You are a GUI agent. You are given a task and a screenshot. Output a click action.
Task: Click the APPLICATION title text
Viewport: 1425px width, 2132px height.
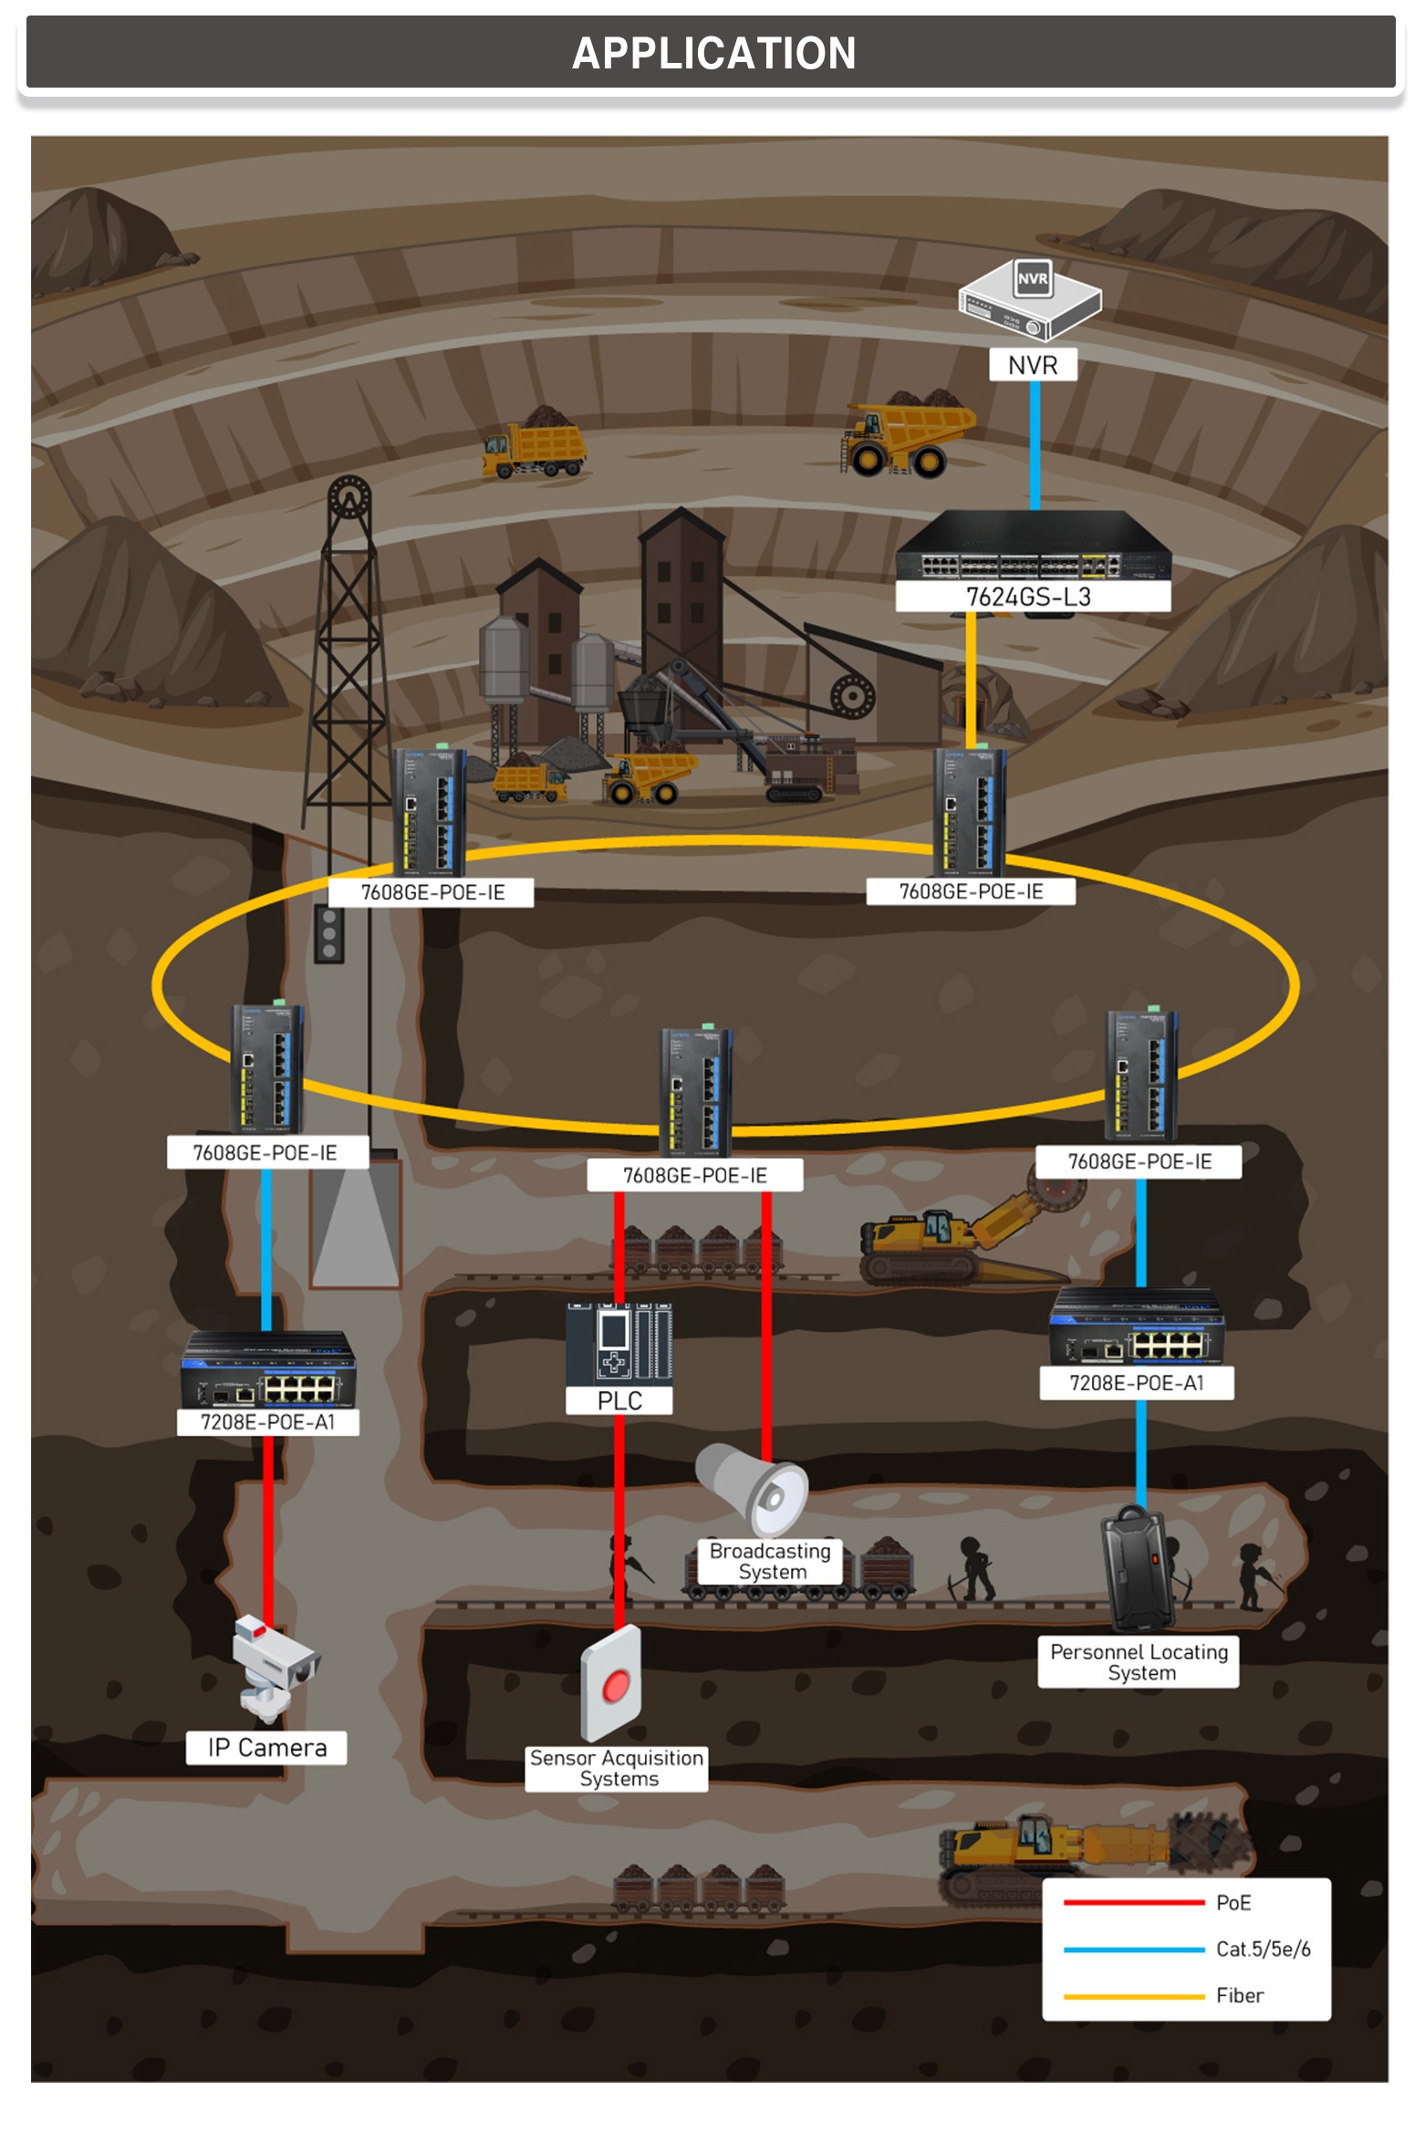pos(713,53)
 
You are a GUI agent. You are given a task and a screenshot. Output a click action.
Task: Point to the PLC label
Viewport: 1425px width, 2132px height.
pos(619,1400)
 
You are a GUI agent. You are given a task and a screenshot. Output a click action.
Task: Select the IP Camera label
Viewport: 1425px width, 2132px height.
pos(266,1747)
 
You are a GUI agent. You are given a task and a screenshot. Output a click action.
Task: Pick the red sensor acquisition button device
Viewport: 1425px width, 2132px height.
pos(612,1683)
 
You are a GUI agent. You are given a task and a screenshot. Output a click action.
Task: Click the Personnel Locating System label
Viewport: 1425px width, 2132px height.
pos(1139,1661)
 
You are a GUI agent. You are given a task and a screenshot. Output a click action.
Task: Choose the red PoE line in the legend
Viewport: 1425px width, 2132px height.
pos(1133,1902)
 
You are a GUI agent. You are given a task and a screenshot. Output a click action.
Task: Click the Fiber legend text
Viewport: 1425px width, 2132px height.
pos(1239,1995)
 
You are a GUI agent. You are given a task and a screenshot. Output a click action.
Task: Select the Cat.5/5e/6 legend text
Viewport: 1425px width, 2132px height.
pos(1263,1949)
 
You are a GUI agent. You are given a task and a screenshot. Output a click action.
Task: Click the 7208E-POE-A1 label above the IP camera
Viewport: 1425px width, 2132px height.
pos(267,1422)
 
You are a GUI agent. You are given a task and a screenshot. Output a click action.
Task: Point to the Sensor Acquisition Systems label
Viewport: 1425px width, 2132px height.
pos(618,1768)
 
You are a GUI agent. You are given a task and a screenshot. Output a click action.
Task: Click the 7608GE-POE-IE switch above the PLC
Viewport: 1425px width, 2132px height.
pos(696,1091)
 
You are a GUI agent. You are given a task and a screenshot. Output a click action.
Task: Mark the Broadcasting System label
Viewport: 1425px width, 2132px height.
pos(771,1561)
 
